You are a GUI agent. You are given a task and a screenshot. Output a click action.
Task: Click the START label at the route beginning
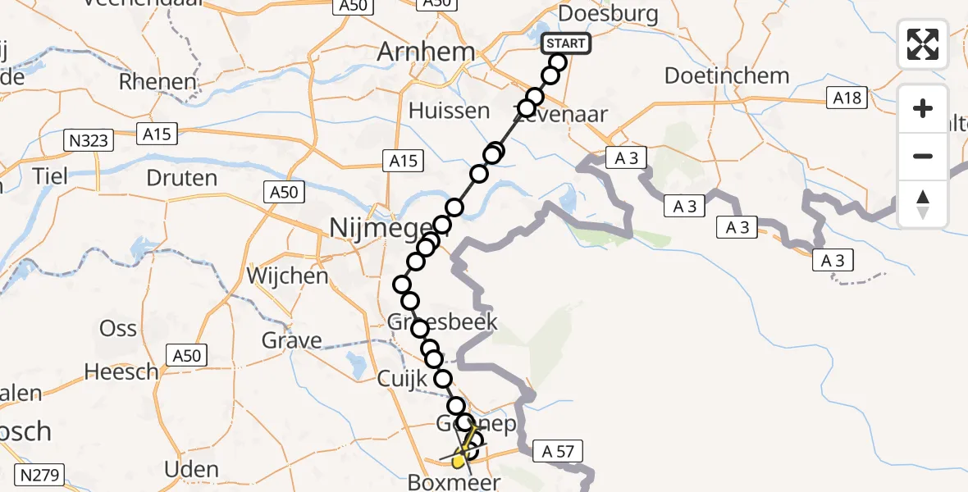point(566,43)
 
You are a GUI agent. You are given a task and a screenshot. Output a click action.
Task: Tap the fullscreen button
point(923,44)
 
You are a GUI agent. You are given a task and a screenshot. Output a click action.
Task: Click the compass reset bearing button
point(923,204)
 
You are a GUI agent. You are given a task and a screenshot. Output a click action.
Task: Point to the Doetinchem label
point(727,76)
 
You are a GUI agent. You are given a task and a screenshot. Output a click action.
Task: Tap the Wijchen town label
point(286,276)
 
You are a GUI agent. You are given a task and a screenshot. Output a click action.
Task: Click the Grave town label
point(291,339)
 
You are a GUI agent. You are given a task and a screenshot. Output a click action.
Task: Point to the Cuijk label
point(403,380)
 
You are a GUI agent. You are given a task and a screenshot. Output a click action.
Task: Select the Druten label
point(181,177)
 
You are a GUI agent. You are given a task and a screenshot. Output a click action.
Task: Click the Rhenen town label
point(158,82)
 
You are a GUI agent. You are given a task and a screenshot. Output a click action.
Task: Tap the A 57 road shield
point(558,449)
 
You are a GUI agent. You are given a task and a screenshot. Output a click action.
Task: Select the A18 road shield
point(846,98)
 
